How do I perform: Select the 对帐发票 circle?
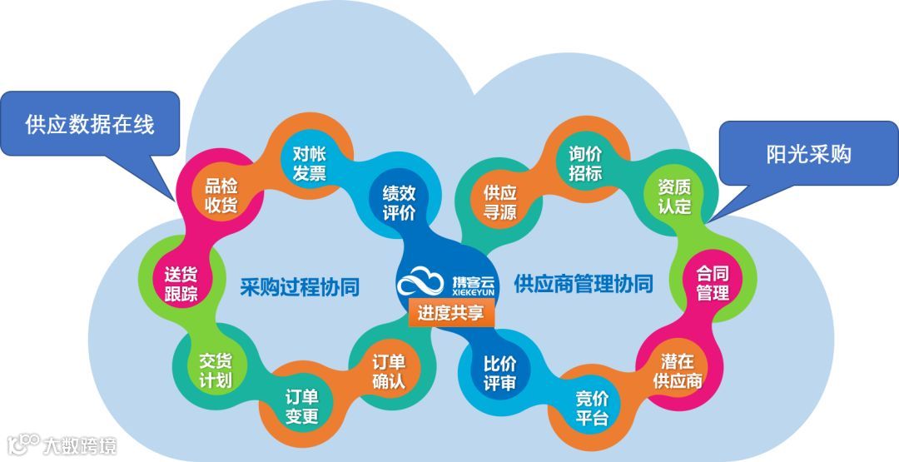309,163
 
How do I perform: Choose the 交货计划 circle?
215,371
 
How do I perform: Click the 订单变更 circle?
301,405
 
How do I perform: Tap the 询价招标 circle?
585,163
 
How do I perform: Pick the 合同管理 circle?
713,283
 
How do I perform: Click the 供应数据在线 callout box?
90,125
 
